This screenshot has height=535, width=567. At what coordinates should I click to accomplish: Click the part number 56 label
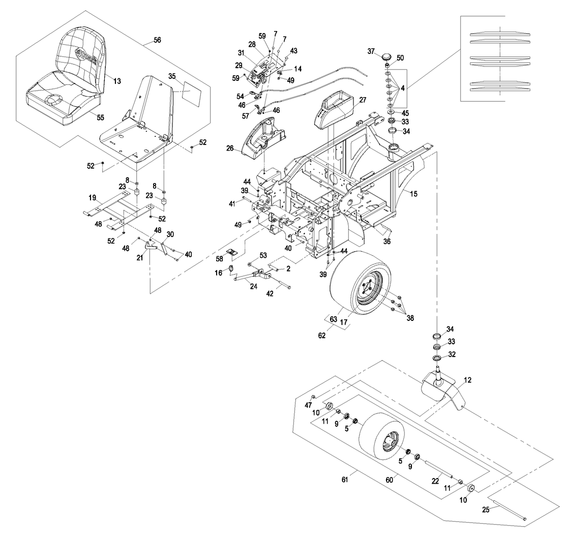(158, 40)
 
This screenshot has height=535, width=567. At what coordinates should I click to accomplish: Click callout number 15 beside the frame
(414, 194)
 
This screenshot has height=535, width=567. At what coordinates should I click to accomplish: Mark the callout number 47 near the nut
(308, 404)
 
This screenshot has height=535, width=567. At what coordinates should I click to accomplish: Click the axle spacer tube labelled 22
(438, 469)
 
